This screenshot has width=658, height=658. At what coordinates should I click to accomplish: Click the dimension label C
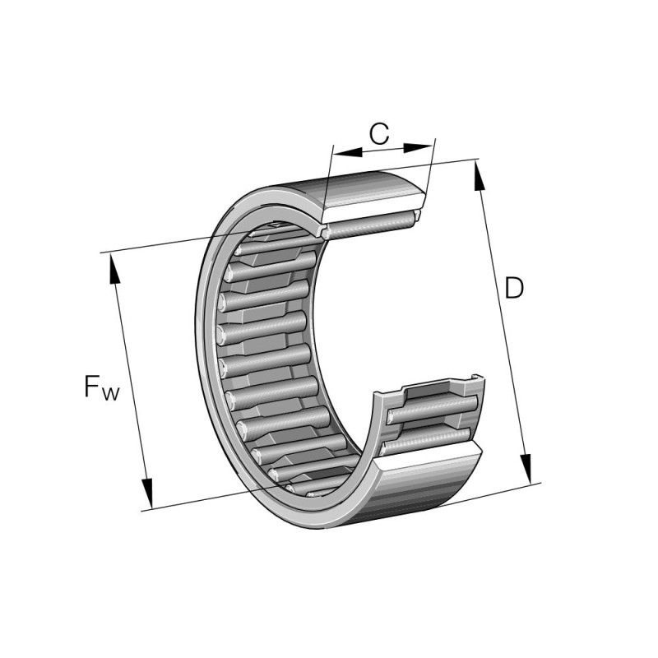pyautogui.click(x=379, y=133)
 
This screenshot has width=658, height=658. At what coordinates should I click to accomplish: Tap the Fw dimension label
pyautogui.click(x=102, y=387)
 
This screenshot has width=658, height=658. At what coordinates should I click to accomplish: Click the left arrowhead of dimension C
pyautogui.click(x=347, y=151)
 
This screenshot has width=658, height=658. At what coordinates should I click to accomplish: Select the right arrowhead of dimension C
pyautogui.click(x=417, y=147)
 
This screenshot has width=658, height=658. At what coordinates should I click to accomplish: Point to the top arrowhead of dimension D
pyautogui.click(x=480, y=176)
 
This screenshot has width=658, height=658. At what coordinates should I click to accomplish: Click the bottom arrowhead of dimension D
pyautogui.click(x=526, y=468)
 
